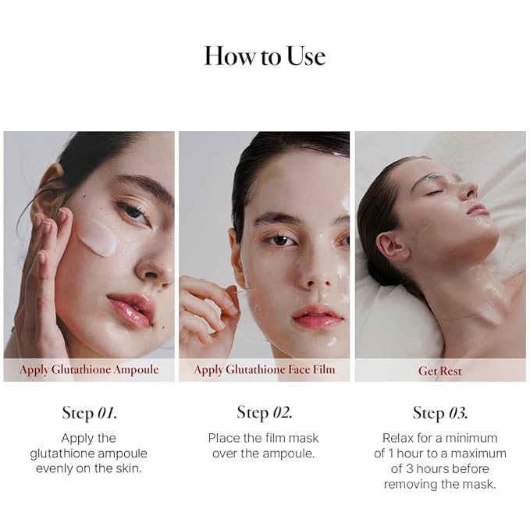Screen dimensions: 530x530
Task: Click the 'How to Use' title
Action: (x=265, y=55)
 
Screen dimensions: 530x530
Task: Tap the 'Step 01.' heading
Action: (x=90, y=413)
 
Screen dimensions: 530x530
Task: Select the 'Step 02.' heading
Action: (x=265, y=412)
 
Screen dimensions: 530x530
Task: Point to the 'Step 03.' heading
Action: (x=440, y=413)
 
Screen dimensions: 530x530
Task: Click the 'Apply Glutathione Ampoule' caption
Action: (x=89, y=370)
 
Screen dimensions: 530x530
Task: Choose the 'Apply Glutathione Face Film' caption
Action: (x=265, y=370)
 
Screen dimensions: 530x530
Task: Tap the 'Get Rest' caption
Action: (x=439, y=371)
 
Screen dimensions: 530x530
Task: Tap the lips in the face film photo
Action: (x=318, y=316)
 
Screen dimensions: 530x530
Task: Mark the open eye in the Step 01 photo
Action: (x=133, y=212)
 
